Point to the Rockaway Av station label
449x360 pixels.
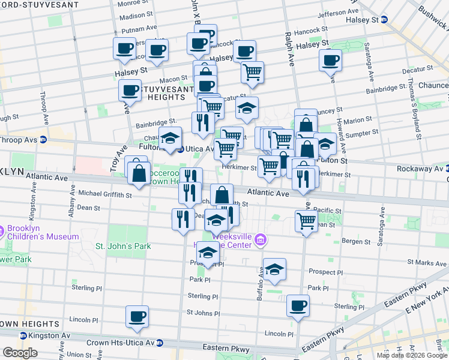[418, 169]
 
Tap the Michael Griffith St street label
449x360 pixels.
[105, 194]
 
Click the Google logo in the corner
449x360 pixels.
[20, 353]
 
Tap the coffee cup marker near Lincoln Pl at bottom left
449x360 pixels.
[137, 316]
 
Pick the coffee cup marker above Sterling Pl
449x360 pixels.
[298, 305]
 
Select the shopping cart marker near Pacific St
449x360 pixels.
[307, 221]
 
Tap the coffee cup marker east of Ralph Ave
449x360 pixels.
[330, 60]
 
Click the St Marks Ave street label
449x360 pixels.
[426, 262]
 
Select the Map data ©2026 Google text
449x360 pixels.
[411, 355]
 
